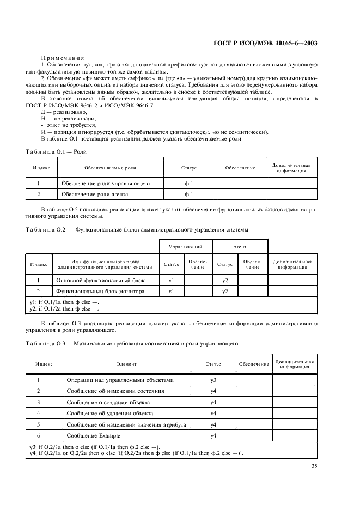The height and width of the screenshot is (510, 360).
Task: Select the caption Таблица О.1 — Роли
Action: pyautogui.click(x=56, y=151)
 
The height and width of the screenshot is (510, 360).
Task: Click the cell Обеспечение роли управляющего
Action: pyautogui.click(x=105, y=183)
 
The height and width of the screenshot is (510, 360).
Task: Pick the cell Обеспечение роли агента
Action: pyautogui.click(x=98, y=194)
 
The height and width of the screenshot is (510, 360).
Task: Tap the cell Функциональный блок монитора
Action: pyautogui.click(x=101, y=291)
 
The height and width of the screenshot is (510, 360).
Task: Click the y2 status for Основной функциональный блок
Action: pyautogui.click(x=225, y=280)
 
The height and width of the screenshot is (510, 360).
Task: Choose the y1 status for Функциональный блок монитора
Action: pyautogui.click(x=171, y=291)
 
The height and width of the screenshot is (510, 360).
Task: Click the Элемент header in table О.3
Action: pyautogui.click(x=126, y=363)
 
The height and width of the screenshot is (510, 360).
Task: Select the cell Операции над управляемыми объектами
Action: pyautogui.click(x=119, y=380)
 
